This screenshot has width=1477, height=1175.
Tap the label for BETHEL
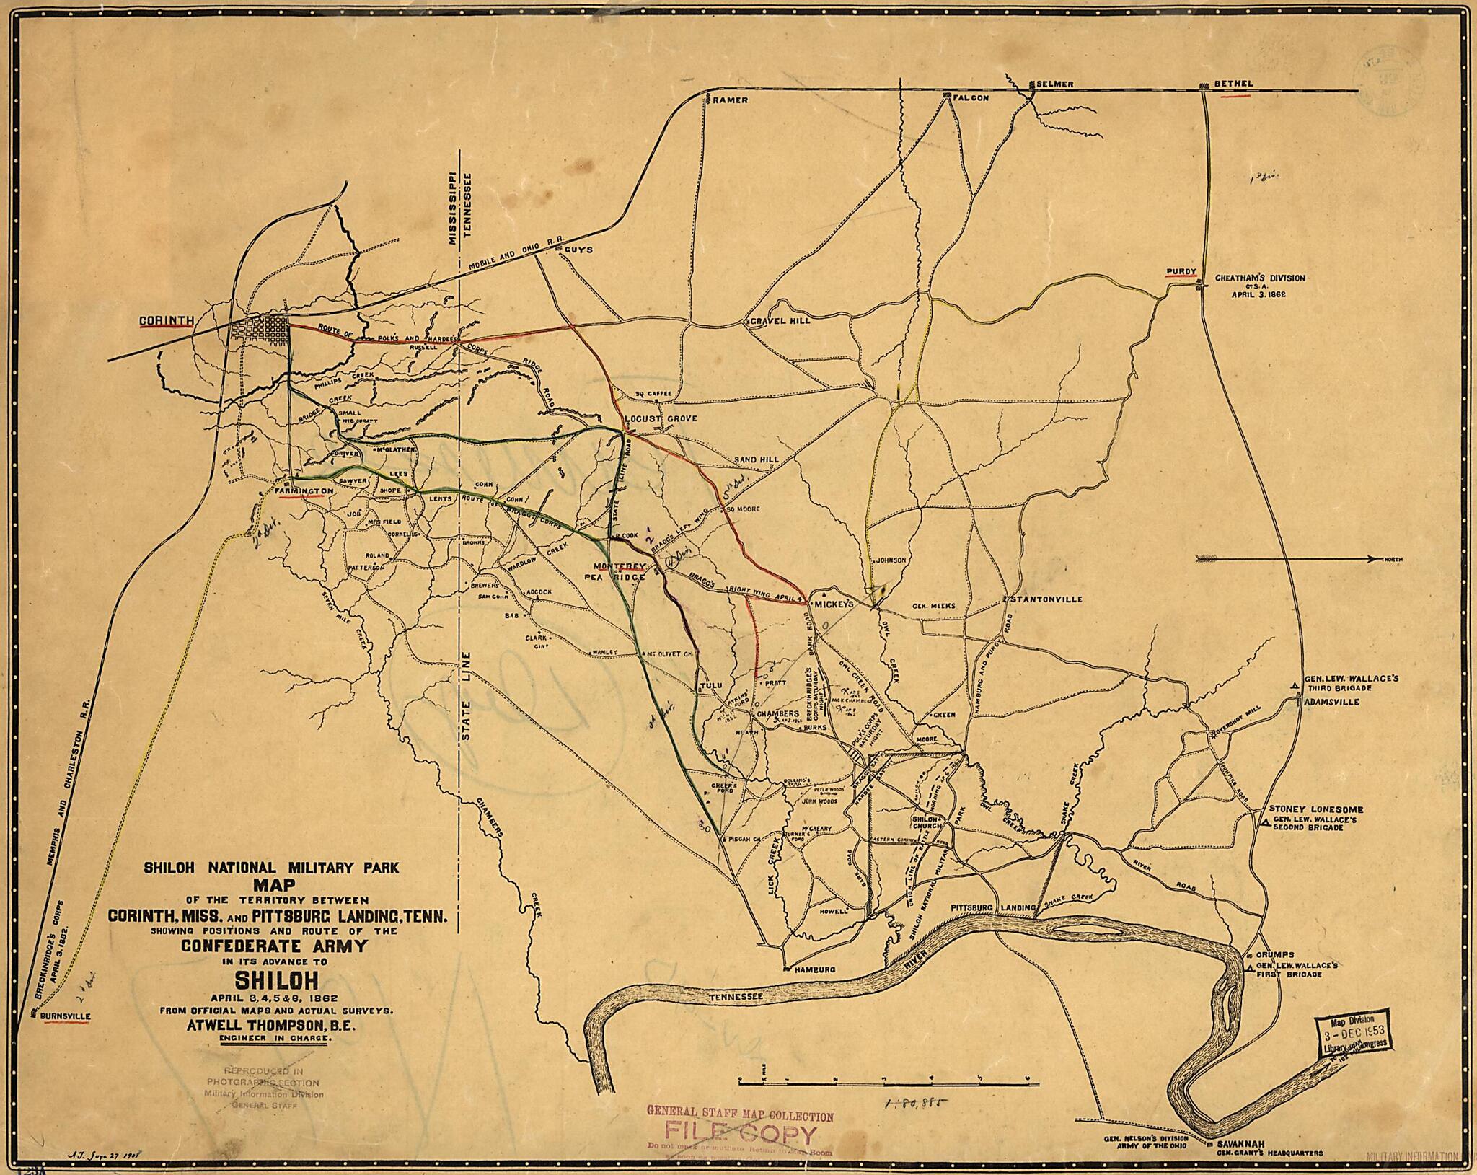tap(1233, 84)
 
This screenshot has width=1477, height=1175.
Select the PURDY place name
tap(1181, 272)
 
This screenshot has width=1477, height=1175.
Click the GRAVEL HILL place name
tap(781, 320)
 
